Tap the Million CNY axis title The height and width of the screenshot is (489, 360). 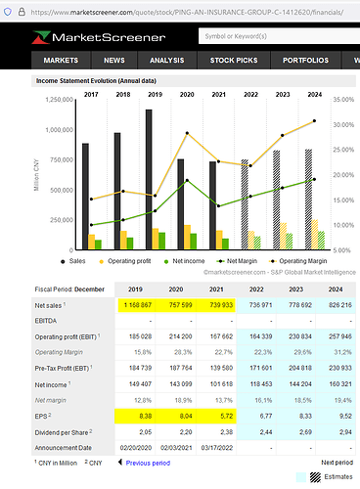tap(36, 174)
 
